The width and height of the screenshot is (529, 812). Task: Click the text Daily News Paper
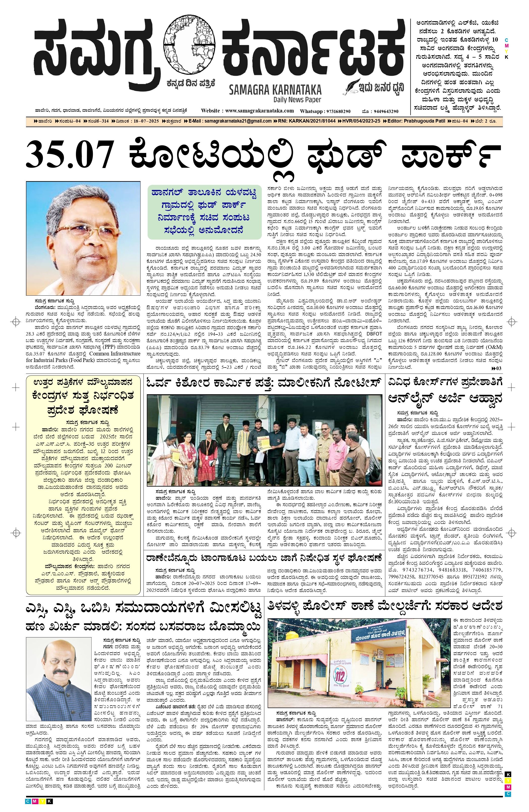(297, 100)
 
